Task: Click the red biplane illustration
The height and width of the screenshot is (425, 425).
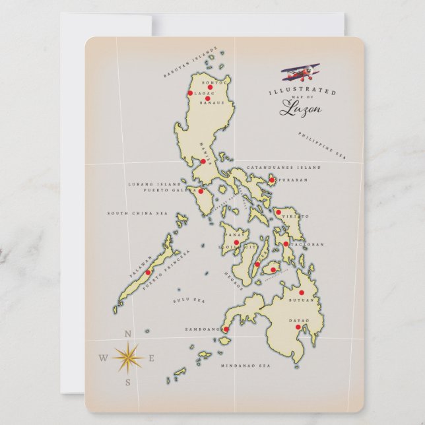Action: coord(300,72)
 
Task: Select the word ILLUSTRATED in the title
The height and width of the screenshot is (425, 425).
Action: coord(302,92)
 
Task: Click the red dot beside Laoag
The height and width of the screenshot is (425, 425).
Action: coord(190,93)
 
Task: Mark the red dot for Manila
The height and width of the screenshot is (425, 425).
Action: coord(203,161)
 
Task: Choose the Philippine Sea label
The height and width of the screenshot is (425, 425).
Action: coord(321,146)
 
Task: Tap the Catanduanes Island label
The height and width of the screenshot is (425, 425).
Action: coord(283,168)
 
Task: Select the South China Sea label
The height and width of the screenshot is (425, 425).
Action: coord(138,213)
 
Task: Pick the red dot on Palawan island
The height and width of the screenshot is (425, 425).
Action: coord(148,272)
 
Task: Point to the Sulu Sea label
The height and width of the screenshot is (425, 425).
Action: coord(189,300)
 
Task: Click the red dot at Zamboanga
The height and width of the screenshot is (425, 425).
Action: coord(226,329)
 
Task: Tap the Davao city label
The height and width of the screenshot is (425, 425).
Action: coord(298,320)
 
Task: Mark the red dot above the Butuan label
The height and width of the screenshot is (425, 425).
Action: coord(302,292)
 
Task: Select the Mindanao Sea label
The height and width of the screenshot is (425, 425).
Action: coord(245,365)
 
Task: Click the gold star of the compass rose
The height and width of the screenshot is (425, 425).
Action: coord(127,358)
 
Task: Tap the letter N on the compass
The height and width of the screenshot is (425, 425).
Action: coord(127,334)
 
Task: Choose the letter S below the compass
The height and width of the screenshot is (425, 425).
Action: coord(128,382)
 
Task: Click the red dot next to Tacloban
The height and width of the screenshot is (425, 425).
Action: coord(286,244)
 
